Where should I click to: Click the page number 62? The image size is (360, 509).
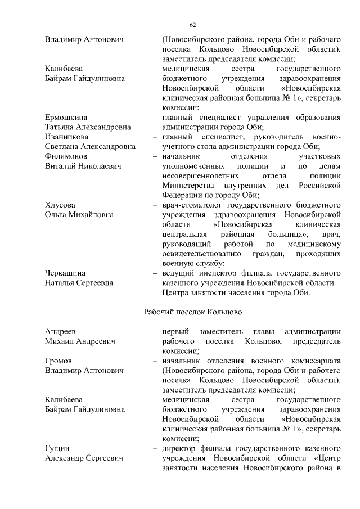192,25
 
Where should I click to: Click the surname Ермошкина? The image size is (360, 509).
66,117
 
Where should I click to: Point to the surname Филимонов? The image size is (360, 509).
66,156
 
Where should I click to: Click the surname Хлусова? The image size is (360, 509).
60,205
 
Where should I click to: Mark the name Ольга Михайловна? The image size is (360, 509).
79,215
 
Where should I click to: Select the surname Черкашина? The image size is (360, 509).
65,273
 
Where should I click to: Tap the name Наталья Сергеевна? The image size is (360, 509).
79,283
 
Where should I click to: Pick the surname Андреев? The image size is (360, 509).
61,331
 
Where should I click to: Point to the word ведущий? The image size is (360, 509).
179,273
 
